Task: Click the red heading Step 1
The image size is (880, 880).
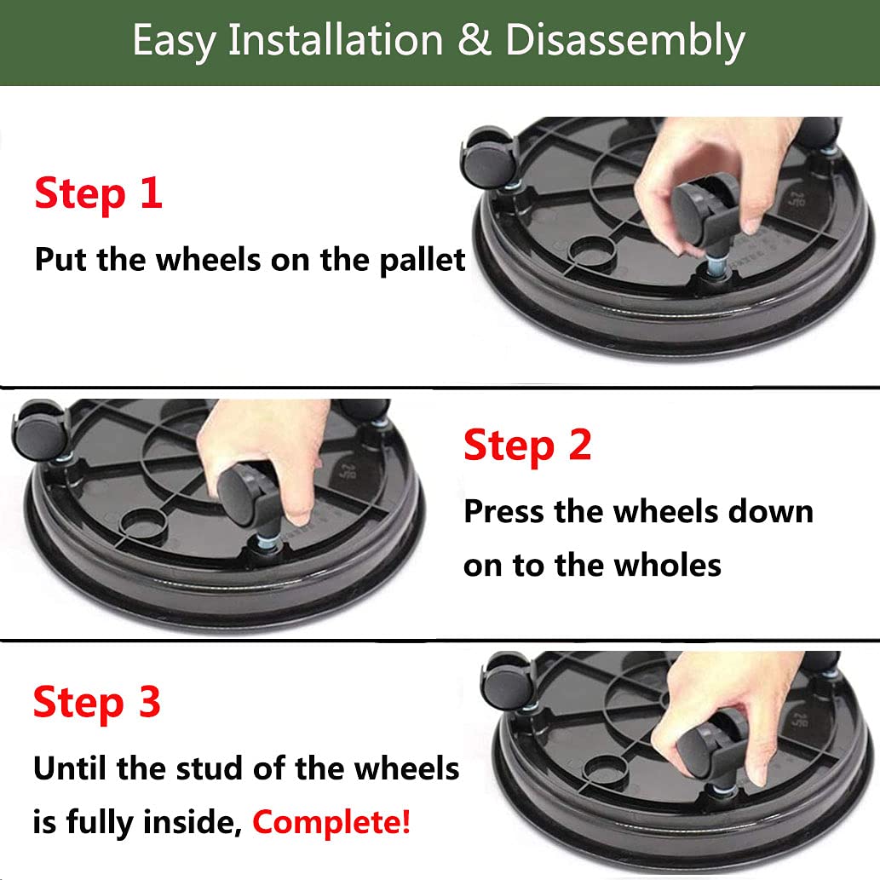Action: (98, 193)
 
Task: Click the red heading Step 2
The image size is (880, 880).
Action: (527, 446)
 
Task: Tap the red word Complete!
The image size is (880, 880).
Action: (331, 822)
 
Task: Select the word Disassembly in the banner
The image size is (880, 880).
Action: (625, 41)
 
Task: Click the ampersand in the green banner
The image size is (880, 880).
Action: (475, 41)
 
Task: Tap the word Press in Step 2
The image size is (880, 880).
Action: (503, 511)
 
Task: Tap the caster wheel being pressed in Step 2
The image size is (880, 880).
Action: (247, 494)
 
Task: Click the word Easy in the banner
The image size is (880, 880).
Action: (173, 41)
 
